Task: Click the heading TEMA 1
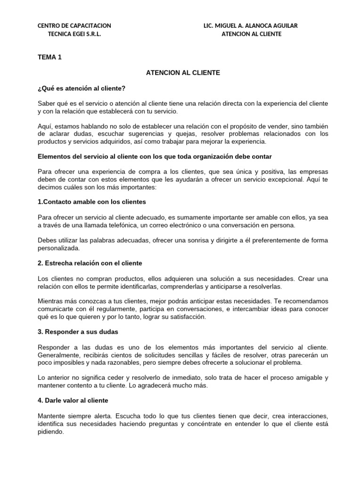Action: click(49, 57)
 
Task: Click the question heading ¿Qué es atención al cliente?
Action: click(82, 88)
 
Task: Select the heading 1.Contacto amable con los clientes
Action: click(92, 201)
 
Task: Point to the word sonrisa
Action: click(194, 240)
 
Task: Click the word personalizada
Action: click(58, 248)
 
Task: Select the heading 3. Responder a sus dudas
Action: click(78, 332)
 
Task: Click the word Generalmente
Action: click(58, 355)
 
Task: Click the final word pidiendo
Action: click(50, 431)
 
